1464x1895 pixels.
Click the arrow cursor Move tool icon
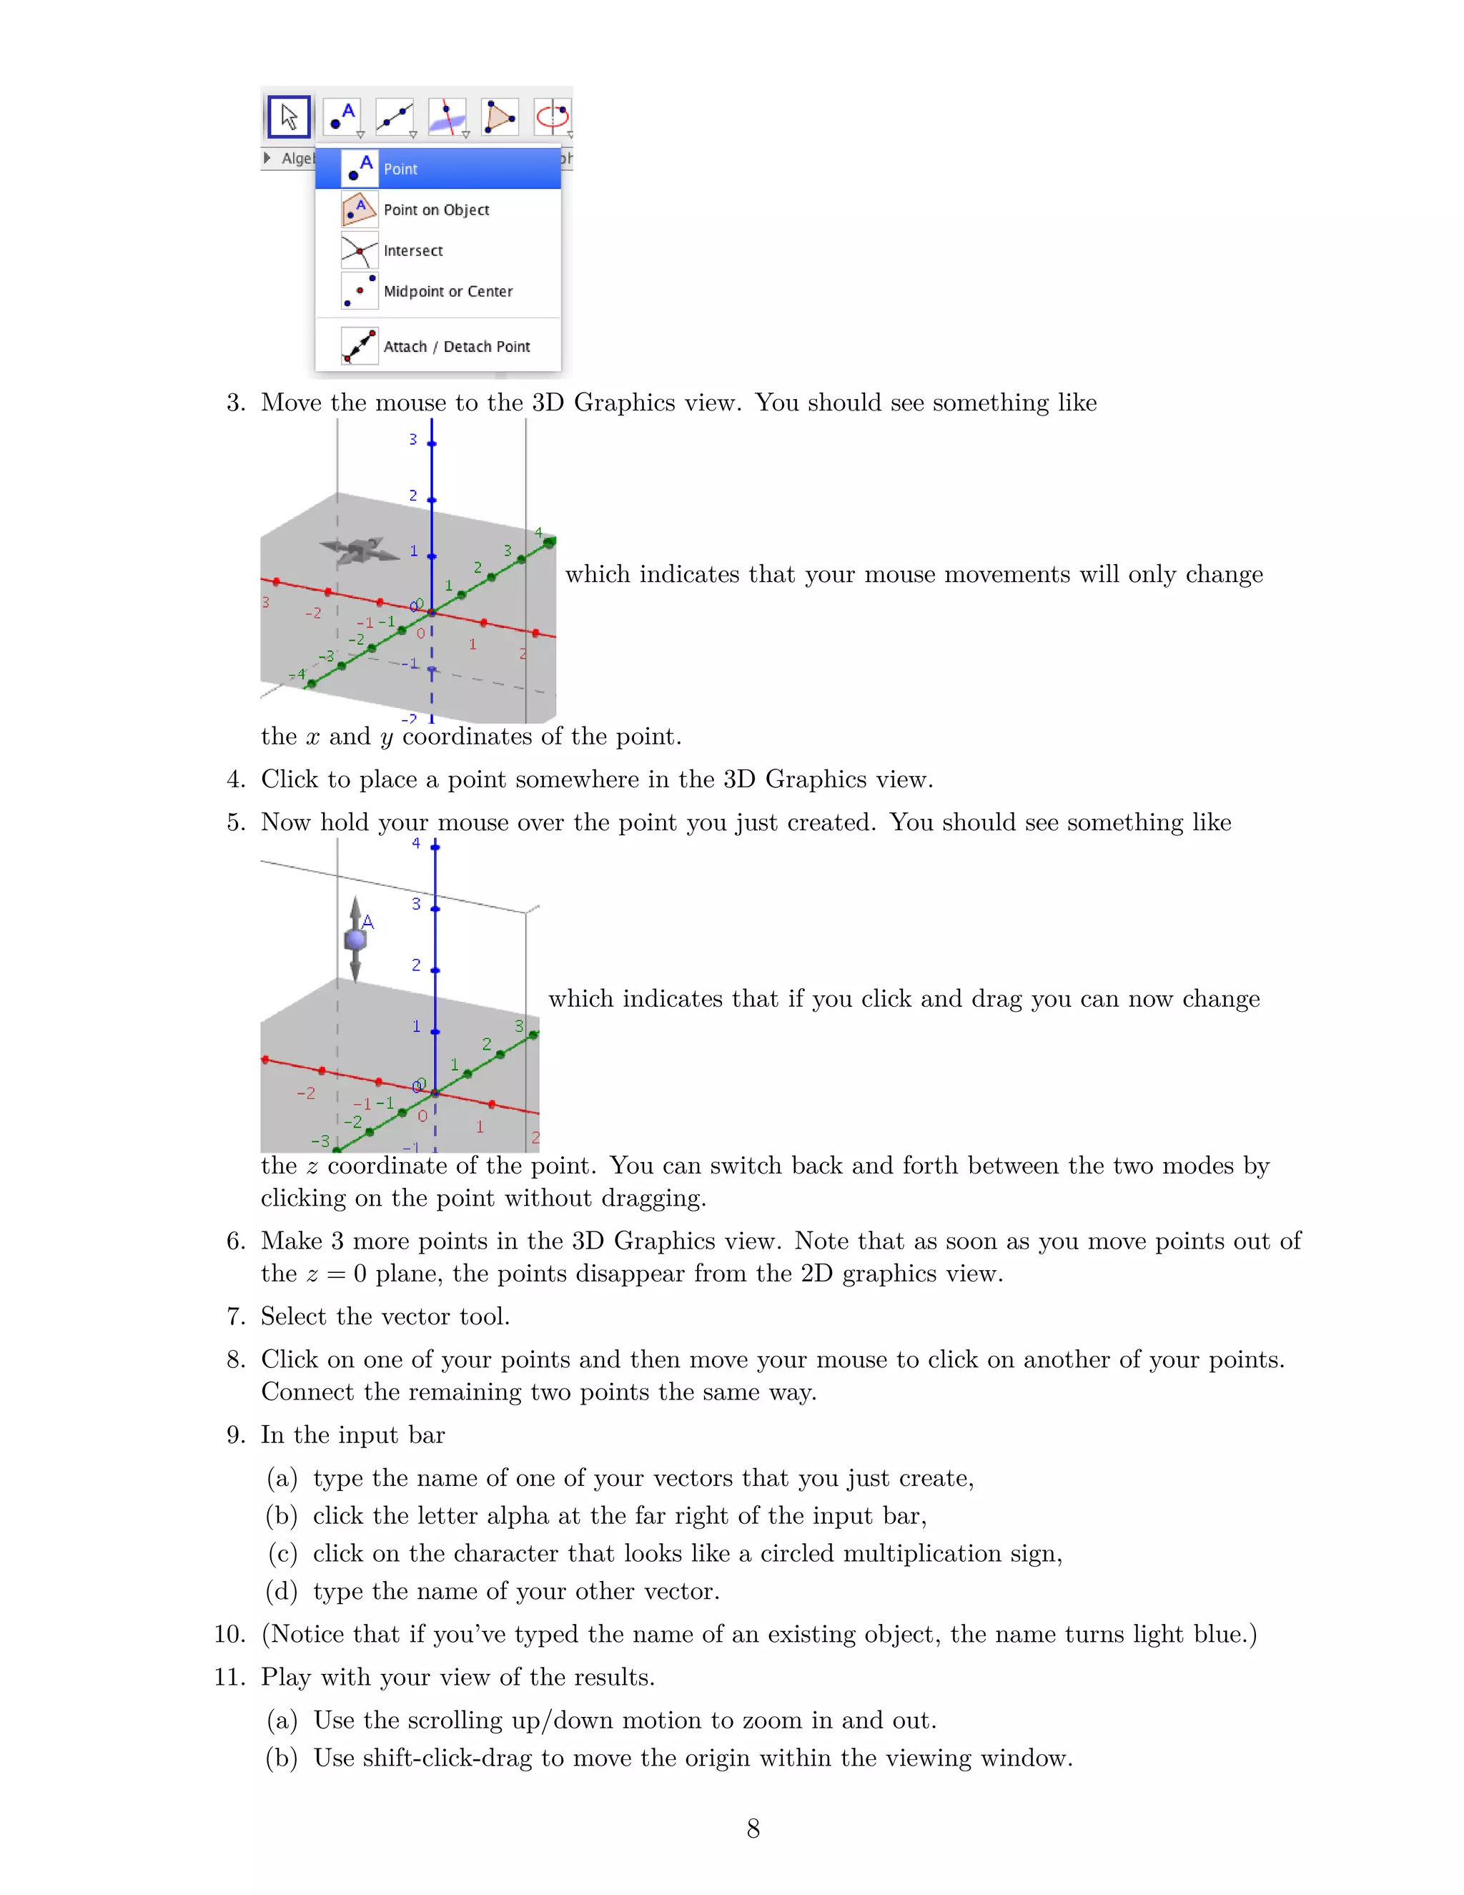[289, 117]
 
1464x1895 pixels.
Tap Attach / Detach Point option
[456, 347]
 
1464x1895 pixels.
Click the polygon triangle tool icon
[500, 117]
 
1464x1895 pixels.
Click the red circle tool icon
[553, 117]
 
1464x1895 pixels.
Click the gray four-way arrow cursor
[358, 550]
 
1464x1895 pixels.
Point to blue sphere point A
[355, 940]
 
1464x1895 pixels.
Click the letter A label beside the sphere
[367, 922]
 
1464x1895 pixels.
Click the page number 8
[753, 1829]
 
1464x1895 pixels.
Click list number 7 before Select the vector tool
[235, 1317]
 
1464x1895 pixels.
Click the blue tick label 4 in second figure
[416, 843]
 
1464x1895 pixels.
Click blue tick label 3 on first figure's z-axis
[413, 440]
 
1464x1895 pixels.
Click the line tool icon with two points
[395, 117]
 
